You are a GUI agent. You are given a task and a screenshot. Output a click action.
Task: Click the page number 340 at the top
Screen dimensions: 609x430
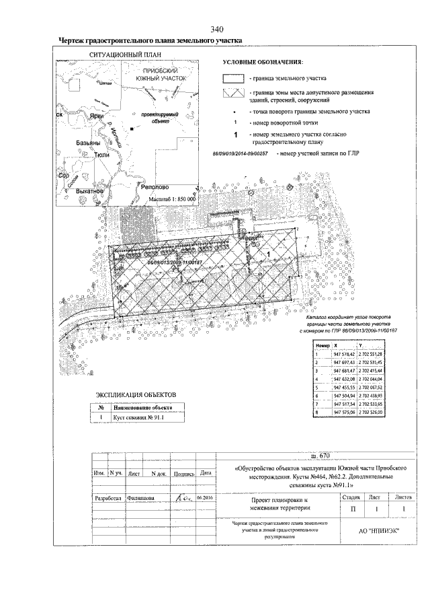pyautogui.click(x=216, y=29)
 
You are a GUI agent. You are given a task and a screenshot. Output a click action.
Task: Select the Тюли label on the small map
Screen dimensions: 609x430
pyautogui.click(x=103, y=154)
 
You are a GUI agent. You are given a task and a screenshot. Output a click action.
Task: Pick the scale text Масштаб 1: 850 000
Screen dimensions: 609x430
pyautogui.click(x=171, y=200)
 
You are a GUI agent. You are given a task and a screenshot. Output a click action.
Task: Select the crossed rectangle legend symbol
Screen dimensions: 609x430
pyautogui.click(x=234, y=94)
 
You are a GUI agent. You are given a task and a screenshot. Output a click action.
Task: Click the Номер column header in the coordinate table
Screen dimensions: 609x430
pyautogui.click(x=322, y=345)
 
